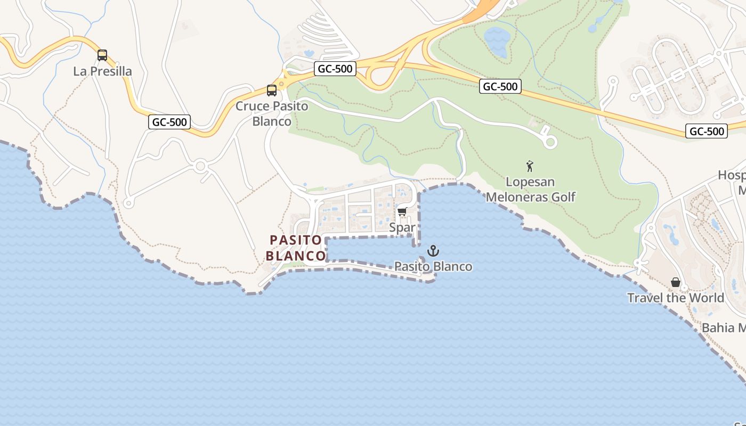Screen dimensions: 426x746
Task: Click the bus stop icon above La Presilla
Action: point(102,55)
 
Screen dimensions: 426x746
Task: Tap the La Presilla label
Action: point(102,71)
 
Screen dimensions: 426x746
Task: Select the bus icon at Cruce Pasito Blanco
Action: point(272,90)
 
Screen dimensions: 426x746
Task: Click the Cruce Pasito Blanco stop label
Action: point(272,113)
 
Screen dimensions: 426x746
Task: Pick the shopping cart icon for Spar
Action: point(402,212)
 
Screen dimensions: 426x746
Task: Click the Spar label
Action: point(402,227)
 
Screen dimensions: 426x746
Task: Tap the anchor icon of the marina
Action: point(433,251)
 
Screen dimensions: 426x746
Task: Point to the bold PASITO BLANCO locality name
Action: point(295,248)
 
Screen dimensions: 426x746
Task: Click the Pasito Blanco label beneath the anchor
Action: point(433,266)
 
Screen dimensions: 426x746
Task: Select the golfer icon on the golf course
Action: point(530,166)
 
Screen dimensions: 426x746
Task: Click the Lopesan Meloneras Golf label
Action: point(531,190)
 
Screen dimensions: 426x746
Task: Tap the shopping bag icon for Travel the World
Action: point(676,282)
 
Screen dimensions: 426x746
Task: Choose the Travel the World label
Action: point(676,298)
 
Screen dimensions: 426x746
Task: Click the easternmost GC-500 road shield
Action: point(707,132)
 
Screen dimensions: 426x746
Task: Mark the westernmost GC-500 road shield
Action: point(169,122)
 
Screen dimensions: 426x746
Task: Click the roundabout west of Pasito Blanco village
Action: point(200,166)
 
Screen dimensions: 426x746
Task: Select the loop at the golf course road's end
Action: point(550,142)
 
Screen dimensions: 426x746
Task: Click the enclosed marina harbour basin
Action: point(368,249)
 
